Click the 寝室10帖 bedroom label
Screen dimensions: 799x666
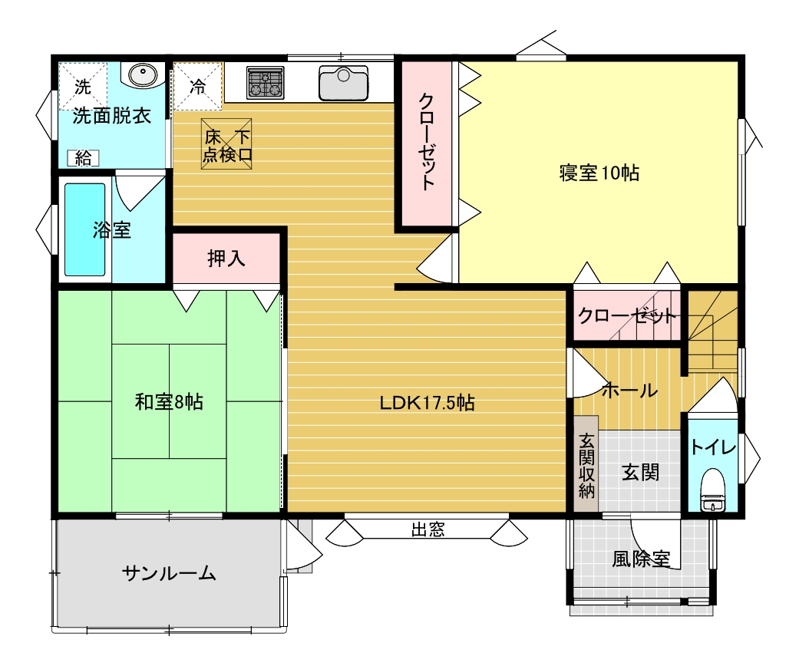click(x=599, y=173)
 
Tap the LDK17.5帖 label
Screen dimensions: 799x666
click(x=427, y=403)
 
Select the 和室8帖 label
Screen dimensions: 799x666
click(x=169, y=402)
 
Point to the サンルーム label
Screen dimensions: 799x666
click(x=169, y=574)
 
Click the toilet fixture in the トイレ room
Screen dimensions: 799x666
click(x=713, y=490)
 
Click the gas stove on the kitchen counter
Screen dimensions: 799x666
click(x=265, y=83)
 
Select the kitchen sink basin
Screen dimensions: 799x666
click(x=343, y=84)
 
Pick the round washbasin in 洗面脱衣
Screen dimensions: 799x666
click(x=143, y=75)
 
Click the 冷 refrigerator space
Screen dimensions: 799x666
click(x=198, y=86)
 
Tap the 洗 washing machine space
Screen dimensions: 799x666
click(x=83, y=86)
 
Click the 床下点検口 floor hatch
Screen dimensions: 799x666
click(x=226, y=143)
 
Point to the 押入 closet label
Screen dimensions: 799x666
click(x=226, y=259)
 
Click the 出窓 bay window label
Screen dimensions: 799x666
click(x=428, y=530)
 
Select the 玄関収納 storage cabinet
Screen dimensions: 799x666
click(x=586, y=463)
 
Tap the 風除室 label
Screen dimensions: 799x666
click(x=641, y=559)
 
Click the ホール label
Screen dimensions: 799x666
click(x=630, y=391)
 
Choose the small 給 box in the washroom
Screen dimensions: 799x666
click(x=83, y=159)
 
